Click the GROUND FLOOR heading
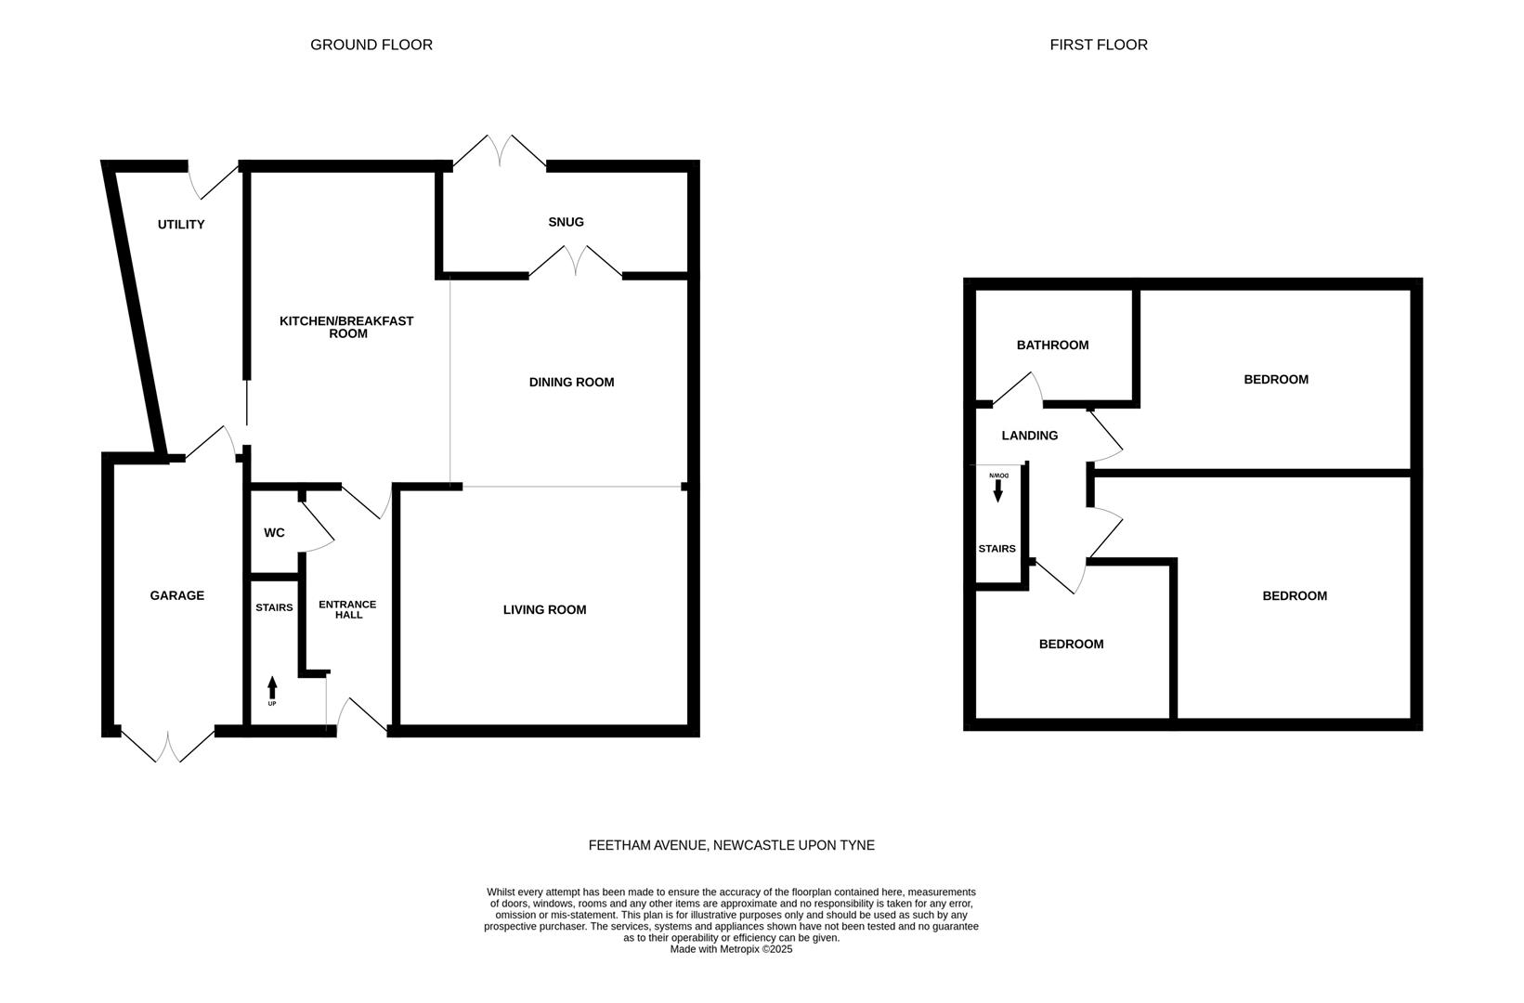[371, 45]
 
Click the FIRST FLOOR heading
[1098, 45]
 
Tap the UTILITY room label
[181, 225]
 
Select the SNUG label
[566, 222]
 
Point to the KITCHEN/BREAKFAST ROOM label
[346, 327]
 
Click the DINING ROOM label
[571, 382]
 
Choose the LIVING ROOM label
[544, 610]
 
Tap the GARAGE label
[176, 595]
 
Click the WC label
[274, 533]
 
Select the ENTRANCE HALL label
[347, 609]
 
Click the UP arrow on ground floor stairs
[272, 689]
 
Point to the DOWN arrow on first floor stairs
[998, 488]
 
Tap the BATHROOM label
[1052, 345]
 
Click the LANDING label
[1029, 436]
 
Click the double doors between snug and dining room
[576, 261]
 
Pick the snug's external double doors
[500, 151]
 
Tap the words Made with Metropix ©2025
[731, 949]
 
